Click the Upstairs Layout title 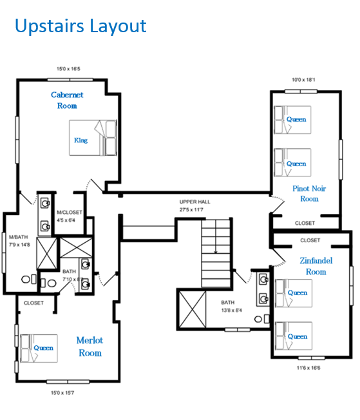click(81, 26)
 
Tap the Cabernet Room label click(67, 100)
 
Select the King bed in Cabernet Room click(93, 138)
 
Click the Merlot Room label click(90, 347)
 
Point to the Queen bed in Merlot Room click(39, 348)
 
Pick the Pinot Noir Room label click(309, 194)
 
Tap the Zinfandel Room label click(316, 266)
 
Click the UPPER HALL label click(194, 202)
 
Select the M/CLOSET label click(70, 213)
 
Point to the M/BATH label click(19, 237)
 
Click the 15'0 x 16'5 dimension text click(68, 69)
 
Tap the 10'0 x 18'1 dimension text click(303, 80)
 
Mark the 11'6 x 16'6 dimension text click(308, 368)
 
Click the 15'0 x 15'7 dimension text click(62, 393)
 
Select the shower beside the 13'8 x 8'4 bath click(193, 309)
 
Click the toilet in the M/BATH click(29, 280)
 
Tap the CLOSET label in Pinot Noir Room click(305, 223)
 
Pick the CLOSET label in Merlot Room click(33, 303)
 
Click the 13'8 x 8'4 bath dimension click(232, 310)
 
